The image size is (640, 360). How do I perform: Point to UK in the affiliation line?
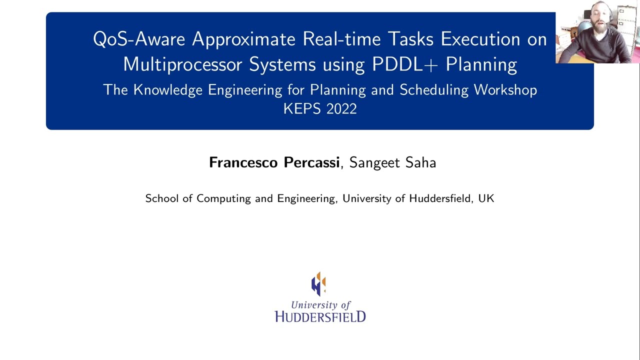486,198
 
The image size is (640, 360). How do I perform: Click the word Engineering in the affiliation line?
306,198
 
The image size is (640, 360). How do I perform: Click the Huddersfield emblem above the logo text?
319,283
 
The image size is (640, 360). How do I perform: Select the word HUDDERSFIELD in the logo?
320,316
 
